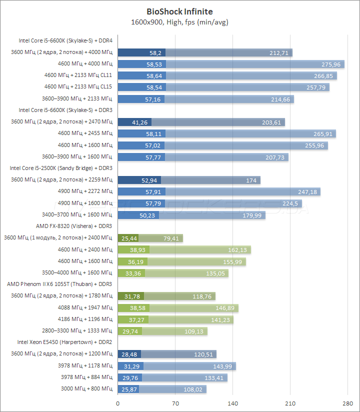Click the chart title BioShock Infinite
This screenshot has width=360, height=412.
[179, 10]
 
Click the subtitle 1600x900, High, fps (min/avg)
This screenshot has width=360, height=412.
[179, 22]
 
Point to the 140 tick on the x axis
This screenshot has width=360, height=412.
[232, 403]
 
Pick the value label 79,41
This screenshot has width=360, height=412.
[170, 238]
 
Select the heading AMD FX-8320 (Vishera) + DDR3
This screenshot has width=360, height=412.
[74, 225]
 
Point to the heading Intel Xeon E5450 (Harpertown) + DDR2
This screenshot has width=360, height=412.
[65, 342]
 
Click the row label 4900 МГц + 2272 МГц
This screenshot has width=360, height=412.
[85, 191]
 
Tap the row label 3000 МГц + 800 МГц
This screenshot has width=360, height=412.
[86, 388]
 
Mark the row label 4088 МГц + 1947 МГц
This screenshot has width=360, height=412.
[85, 307]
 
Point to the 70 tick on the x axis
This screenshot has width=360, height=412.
[175, 403]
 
